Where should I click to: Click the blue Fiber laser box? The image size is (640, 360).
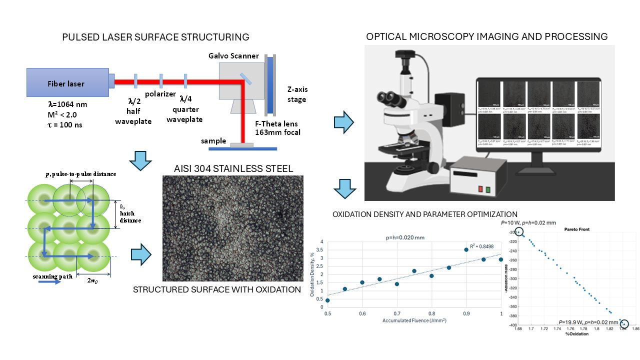click(x=67, y=83)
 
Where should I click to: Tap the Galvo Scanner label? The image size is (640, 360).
click(x=233, y=56)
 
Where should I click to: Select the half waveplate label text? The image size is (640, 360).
click(x=133, y=116)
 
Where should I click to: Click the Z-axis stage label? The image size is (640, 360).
click(x=297, y=94)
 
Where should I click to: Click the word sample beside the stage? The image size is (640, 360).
click(x=213, y=141)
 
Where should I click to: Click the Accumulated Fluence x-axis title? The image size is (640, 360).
click(x=414, y=320)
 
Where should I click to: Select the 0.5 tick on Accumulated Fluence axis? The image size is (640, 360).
click(x=327, y=313)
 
